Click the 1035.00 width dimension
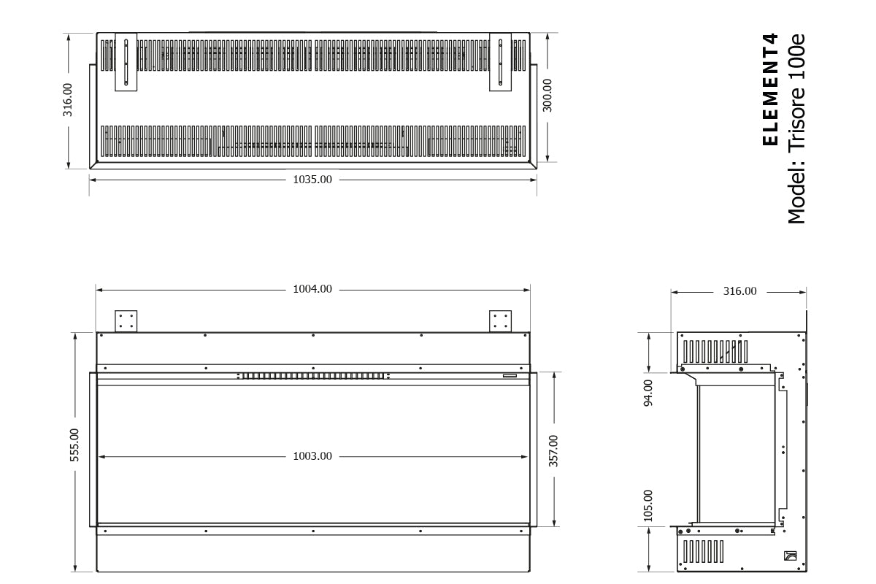tap(312, 179)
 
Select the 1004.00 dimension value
tap(312, 289)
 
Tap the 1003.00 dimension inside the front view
tap(312, 456)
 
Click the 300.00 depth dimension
tap(547, 95)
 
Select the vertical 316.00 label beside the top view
tap(68, 99)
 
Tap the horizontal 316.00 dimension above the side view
tap(739, 291)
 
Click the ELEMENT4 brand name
tap(771, 89)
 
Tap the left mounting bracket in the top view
tap(126, 63)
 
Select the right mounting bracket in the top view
tap(501, 63)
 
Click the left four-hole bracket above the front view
tap(126, 320)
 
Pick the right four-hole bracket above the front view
tap(501, 320)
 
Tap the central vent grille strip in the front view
tap(312, 377)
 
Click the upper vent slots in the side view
tap(715, 351)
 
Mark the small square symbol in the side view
tap(788, 555)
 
